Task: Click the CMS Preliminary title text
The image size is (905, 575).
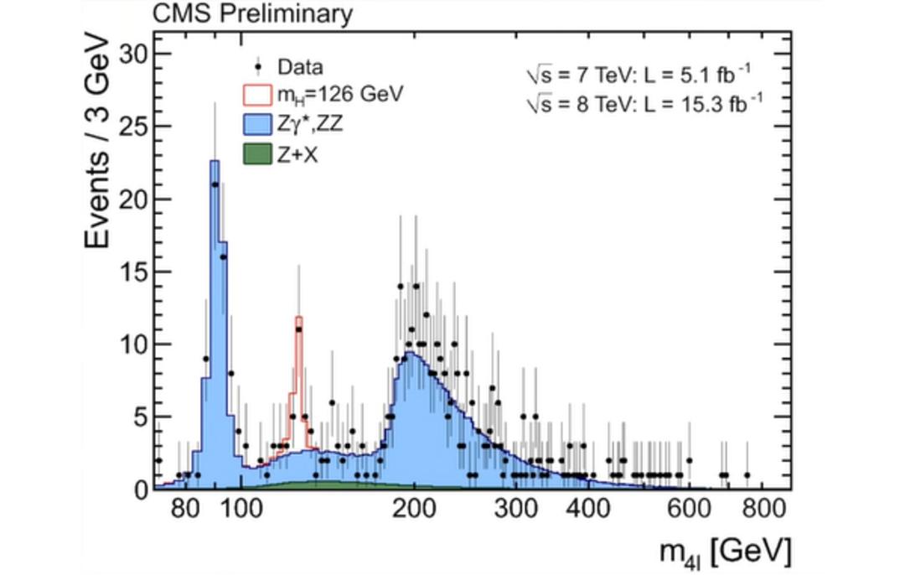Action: tap(252, 13)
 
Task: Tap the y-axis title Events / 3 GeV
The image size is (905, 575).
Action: tap(96, 142)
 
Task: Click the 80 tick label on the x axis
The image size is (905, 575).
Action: tap(185, 509)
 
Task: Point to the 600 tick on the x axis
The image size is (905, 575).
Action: tap(689, 509)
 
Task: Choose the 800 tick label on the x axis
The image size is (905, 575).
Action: tap(763, 509)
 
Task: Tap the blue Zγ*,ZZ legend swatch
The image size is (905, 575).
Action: tap(257, 123)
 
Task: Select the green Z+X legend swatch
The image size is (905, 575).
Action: tap(257, 153)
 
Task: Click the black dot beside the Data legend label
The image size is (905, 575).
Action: tap(258, 68)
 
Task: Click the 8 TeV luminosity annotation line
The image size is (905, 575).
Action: tap(644, 104)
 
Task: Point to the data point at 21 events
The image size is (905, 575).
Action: tap(215, 184)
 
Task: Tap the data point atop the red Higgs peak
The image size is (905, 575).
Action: tap(298, 329)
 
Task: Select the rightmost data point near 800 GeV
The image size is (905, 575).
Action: tap(747, 475)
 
